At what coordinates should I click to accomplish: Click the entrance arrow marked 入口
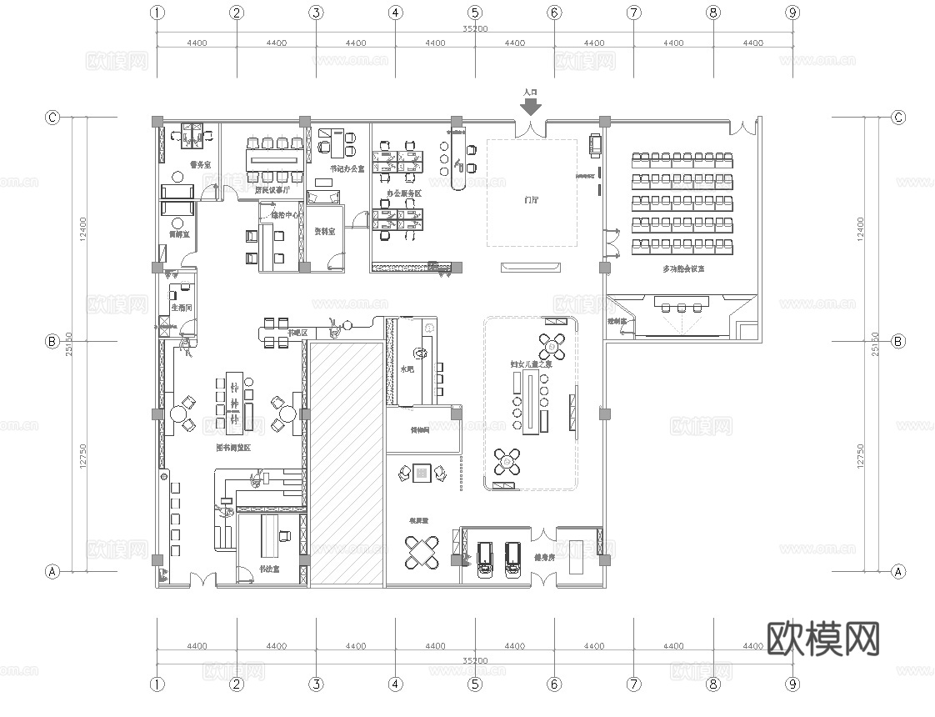pos(532,106)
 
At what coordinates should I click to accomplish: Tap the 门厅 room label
pos(532,201)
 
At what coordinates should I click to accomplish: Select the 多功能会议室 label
pos(683,269)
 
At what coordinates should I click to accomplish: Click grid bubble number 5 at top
pos(474,13)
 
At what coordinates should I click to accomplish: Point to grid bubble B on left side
pos(52,341)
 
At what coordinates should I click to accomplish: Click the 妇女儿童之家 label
pos(531,364)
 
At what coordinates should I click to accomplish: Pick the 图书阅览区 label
pos(233,448)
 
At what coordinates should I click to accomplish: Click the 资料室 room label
pos(325,232)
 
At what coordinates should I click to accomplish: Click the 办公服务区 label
pos(404,193)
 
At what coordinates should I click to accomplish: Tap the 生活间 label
pos(181,308)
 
